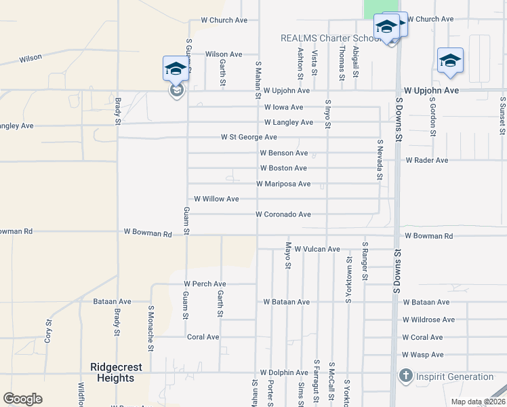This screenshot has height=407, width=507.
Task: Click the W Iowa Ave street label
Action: [283, 107]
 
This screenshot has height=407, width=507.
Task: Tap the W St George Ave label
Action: [249, 137]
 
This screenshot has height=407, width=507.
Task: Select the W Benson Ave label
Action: [283, 153]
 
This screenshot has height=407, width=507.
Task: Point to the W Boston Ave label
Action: [283, 168]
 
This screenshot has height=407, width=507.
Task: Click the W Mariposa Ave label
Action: [283, 184]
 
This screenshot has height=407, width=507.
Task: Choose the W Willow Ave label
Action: [216, 199]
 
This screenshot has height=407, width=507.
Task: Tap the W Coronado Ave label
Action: [283, 214]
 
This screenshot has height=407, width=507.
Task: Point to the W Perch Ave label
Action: [205, 284]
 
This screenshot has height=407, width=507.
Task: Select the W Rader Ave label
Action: [427, 161]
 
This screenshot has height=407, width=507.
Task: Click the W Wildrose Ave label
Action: [428, 319]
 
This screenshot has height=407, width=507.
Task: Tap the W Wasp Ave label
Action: [422, 355]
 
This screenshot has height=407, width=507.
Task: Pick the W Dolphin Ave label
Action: [284, 372]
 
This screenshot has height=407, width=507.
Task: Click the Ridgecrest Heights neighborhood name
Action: [116, 372]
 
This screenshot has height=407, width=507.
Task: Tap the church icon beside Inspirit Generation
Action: [405, 376]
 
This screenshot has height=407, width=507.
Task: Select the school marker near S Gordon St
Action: [450, 61]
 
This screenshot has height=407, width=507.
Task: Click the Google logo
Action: [22, 398]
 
